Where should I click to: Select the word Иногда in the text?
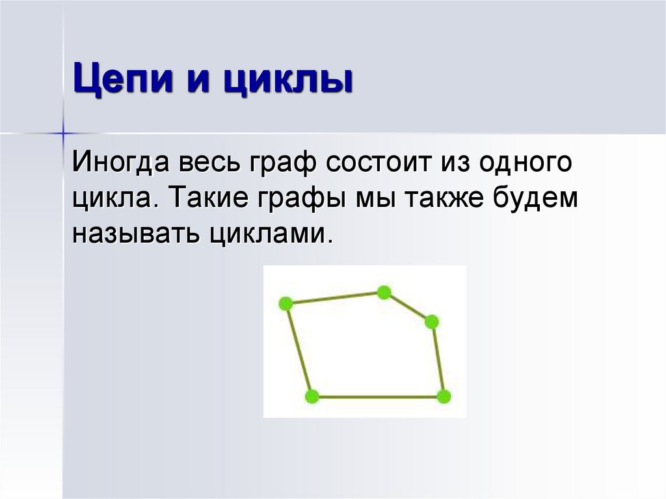[117, 163]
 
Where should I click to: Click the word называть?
[136, 232]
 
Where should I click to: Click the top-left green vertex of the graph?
[285, 303]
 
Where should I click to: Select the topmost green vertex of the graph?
[384, 293]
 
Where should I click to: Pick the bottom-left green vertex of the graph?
[312, 396]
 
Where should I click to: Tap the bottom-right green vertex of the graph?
[444, 396]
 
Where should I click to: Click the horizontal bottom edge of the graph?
[377, 396]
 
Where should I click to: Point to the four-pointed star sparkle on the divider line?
[64, 133]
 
